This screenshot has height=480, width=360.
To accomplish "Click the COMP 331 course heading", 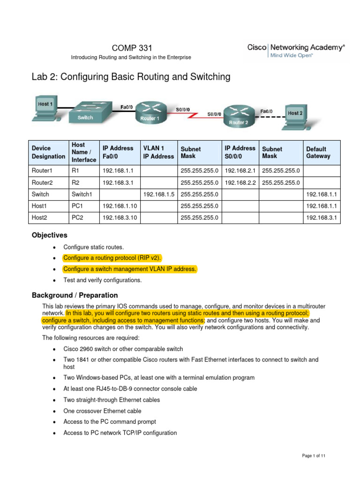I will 132,48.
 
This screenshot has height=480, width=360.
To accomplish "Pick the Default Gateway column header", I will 318,152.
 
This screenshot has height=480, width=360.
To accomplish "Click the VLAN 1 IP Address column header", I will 158,152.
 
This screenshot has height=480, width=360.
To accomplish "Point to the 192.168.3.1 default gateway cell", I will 322,218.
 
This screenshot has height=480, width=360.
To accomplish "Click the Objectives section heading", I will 49,235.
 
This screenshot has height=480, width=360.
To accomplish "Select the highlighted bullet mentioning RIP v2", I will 115,258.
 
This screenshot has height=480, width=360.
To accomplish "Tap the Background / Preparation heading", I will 75,295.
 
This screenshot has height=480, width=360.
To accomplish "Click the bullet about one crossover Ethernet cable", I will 102,411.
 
